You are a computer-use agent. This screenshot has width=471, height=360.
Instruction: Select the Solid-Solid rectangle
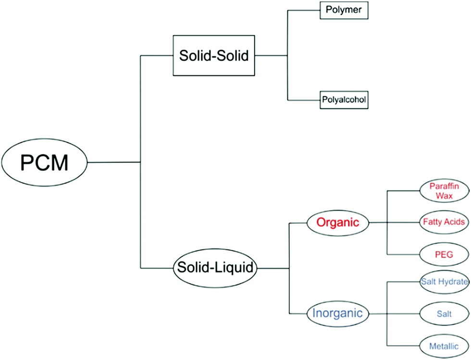[x=213, y=56]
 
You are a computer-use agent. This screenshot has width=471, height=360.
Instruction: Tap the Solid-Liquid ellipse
[x=214, y=267]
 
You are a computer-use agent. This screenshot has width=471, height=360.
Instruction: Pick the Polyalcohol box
[x=344, y=100]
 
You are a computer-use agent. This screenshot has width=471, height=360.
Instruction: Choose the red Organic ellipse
[x=337, y=223]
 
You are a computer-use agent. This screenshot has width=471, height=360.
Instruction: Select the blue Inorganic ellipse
[x=337, y=313]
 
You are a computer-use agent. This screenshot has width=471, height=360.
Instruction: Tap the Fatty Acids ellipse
[x=444, y=222]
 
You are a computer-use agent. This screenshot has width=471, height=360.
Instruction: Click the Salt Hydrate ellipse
[x=444, y=282]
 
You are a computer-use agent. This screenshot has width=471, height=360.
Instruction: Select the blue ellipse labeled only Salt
[x=444, y=313]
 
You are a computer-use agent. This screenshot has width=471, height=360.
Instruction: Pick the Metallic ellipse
[x=444, y=346]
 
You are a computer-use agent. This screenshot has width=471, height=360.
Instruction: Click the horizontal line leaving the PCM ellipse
[x=113, y=162]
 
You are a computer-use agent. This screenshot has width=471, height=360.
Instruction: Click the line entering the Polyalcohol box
[x=304, y=100]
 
